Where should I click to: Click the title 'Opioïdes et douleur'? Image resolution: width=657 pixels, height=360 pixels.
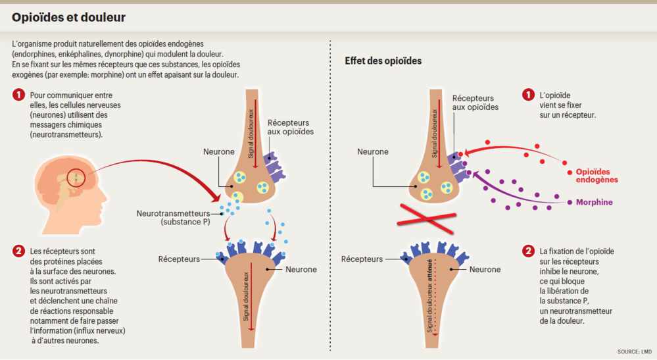[x=69, y=18]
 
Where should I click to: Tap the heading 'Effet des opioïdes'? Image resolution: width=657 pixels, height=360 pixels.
[x=383, y=61]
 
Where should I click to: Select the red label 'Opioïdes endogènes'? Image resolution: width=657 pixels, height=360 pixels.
[x=597, y=175]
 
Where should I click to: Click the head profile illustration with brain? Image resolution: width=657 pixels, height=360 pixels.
[x=63, y=190]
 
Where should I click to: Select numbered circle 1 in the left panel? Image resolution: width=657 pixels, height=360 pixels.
[x=19, y=96]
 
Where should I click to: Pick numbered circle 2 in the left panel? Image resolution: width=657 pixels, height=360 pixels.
[x=19, y=251]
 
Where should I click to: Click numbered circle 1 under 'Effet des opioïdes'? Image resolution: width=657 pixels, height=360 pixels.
[x=528, y=96]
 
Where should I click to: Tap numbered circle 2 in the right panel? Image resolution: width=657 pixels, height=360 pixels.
[x=528, y=251]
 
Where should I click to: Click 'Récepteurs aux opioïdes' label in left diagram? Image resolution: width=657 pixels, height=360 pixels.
[x=290, y=127]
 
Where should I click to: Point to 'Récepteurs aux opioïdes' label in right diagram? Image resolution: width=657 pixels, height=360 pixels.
[x=475, y=103]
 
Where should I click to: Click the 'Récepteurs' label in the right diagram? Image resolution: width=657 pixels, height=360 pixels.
[x=362, y=259]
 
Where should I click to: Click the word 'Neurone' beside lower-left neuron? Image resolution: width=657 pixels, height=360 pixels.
[x=301, y=269]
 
